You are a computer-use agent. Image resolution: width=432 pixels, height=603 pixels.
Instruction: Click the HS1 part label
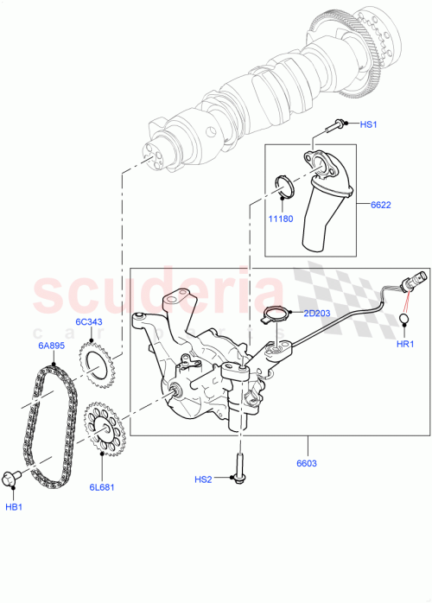click(x=370, y=125)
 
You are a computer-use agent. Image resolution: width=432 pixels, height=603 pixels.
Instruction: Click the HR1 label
click(x=406, y=344)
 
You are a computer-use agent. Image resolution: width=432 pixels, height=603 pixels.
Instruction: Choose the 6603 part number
click(x=306, y=463)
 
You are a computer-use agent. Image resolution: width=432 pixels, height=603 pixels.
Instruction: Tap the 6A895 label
click(x=49, y=344)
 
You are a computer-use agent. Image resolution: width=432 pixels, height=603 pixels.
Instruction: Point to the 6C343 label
click(x=90, y=322)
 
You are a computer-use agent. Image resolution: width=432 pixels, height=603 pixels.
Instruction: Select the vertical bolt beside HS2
click(x=234, y=472)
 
